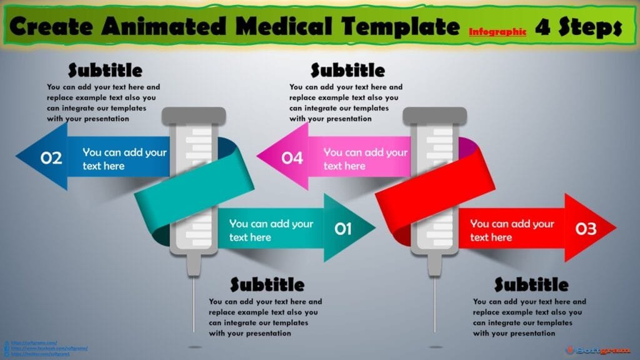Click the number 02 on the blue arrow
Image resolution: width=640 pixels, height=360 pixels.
tap(52, 158)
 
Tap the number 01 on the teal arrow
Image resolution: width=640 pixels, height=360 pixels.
tap(343, 229)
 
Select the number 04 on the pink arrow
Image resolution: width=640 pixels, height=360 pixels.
tap(292, 158)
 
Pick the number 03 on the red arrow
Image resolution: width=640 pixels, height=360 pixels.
tap(586, 229)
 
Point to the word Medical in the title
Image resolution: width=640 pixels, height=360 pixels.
tap(284, 26)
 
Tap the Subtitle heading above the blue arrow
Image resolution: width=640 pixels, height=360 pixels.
tap(105, 70)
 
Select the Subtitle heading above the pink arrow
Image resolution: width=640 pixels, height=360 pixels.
tap(347, 70)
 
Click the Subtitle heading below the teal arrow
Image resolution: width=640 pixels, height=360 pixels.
tap(267, 285)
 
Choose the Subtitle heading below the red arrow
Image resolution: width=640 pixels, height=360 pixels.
tap(531, 285)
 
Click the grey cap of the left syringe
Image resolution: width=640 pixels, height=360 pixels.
tap(194, 115)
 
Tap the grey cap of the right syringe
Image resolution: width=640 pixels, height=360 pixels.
tap(434, 115)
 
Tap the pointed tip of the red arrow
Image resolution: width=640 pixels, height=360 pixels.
tap(614, 227)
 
